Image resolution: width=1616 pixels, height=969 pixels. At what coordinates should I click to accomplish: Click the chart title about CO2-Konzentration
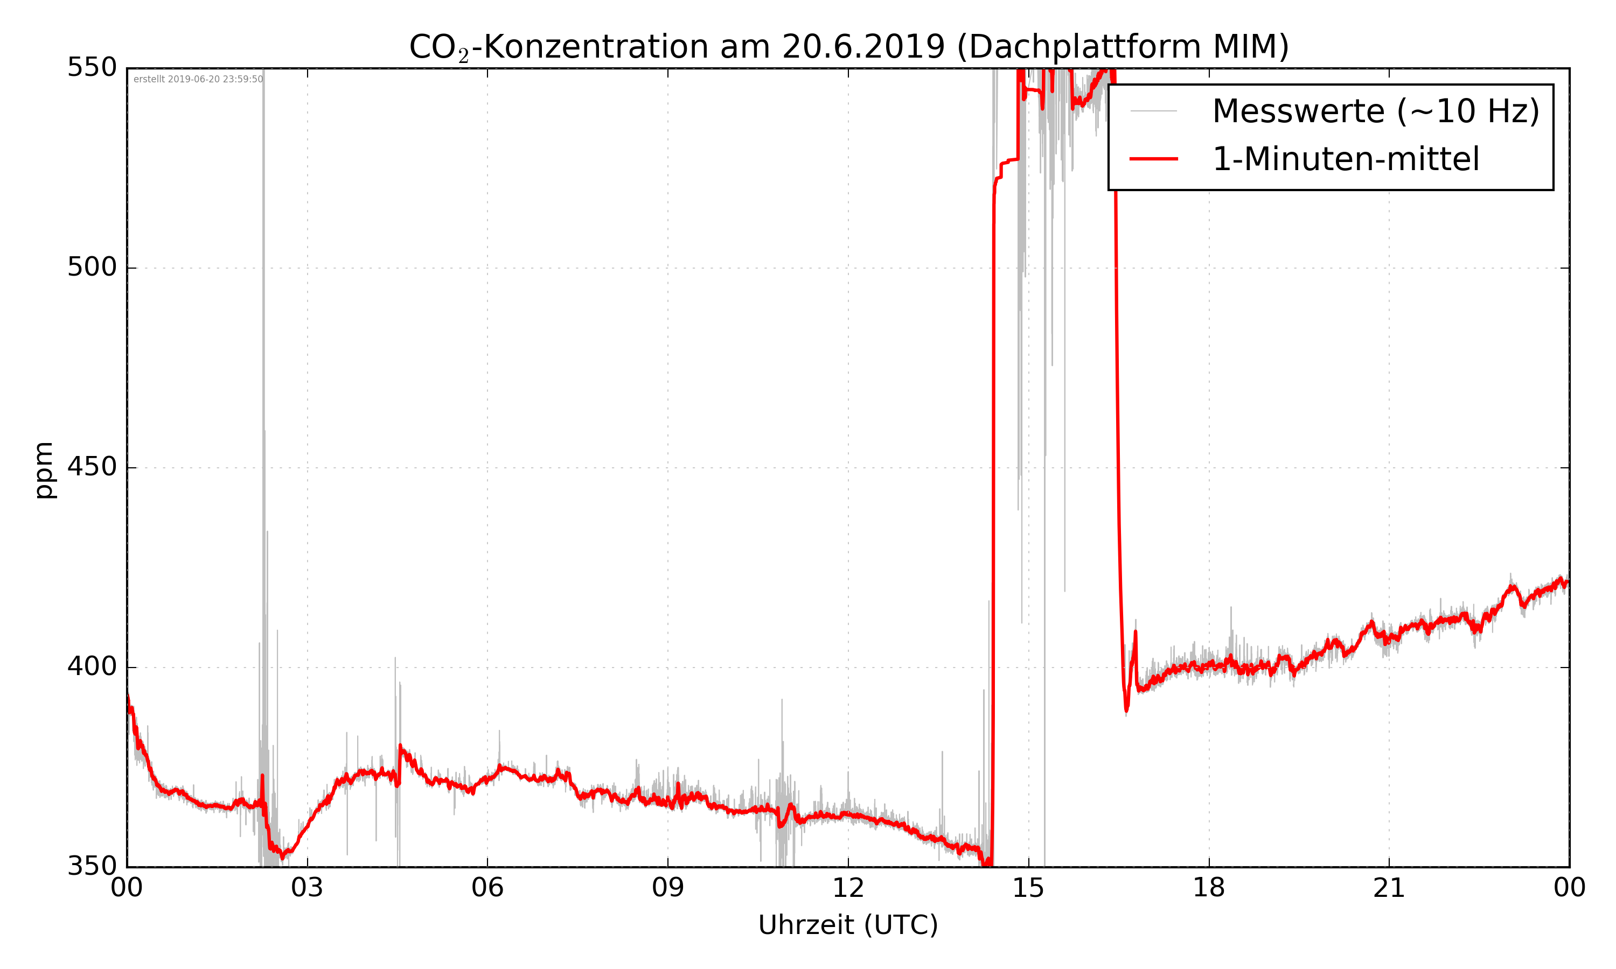click(x=848, y=47)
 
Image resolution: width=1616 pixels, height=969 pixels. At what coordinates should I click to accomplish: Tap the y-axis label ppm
click(x=44, y=470)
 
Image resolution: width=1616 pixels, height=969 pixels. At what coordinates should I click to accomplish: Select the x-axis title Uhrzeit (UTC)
click(x=848, y=925)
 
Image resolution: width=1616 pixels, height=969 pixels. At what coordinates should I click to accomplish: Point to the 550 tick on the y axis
click(x=92, y=68)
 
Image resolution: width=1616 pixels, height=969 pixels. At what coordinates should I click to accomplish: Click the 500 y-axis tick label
click(x=92, y=268)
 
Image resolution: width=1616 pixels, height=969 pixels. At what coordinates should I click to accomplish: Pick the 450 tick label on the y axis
click(x=92, y=467)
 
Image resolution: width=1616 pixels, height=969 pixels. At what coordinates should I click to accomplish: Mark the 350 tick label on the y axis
click(x=92, y=867)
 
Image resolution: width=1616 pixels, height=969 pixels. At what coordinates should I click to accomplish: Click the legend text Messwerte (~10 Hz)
click(x=1376, y=111)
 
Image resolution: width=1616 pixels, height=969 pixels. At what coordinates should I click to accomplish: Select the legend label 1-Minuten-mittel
click(x=1346, y=159)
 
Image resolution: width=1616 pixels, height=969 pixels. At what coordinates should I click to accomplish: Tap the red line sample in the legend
click(x=1153, y=159)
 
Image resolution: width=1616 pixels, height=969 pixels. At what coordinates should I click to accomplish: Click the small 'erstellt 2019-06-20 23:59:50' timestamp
click(x=198, y=80)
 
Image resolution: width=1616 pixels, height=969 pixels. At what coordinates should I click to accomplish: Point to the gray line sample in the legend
click(x=1153, y=111)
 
